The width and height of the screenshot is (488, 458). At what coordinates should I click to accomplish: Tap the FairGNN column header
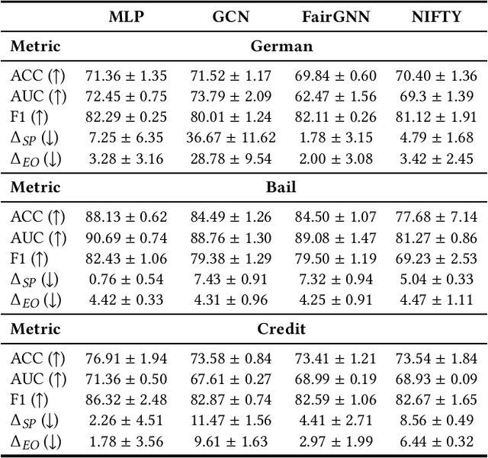click(x=334, y=15)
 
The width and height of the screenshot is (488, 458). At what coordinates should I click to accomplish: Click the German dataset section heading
click(x=281, y=46)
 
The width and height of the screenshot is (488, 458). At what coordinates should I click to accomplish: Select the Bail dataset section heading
click(x=281, y=188)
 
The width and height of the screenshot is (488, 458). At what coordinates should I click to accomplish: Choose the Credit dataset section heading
click(x=281, y=330)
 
